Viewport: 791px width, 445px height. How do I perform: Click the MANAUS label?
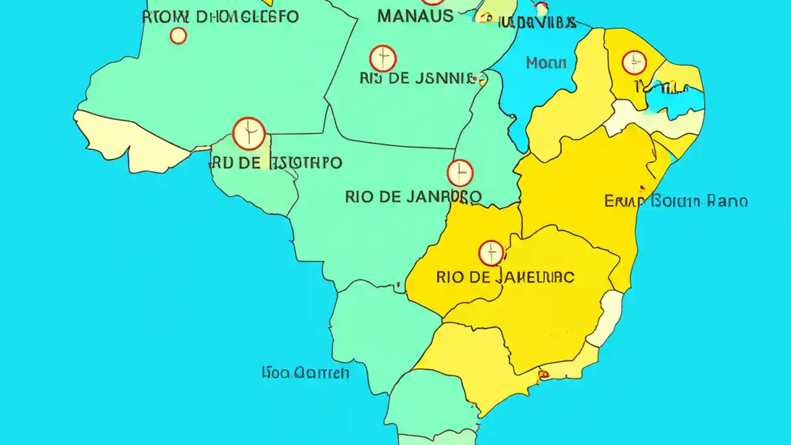click(x=415, y=15)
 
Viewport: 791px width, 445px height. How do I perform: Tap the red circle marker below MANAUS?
click(x=383, y=58)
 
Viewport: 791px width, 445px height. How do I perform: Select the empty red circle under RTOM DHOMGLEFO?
click(x=178, y=36)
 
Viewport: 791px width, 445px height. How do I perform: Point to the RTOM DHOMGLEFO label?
click(x=220, y=16)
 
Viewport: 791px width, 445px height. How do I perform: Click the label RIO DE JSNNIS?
click(x=418, y=78)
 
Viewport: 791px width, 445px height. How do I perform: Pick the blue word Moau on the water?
click(x=546, y=62)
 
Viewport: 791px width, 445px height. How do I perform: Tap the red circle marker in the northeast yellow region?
click(x=634, y=62)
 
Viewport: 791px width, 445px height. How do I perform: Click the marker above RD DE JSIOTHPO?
click(x=249, y=133)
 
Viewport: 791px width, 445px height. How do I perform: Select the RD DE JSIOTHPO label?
click(x=276, y=163)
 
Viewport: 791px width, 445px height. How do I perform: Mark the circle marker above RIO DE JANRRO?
click(x=460, y=173)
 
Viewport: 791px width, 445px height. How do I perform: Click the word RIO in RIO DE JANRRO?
click(x=359, y=197)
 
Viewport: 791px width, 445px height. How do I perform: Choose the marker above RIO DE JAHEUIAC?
click(x=491, y=253)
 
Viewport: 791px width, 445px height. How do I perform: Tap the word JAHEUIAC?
click(x=535, y=277)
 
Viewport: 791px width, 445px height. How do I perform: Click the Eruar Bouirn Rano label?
click(x=675, y=201)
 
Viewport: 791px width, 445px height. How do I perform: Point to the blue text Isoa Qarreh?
click(x=305, y=372)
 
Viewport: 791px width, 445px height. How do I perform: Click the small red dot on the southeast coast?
click(x=544, y=373)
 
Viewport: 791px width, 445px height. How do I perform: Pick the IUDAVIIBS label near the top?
click(x=536, y=23)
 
